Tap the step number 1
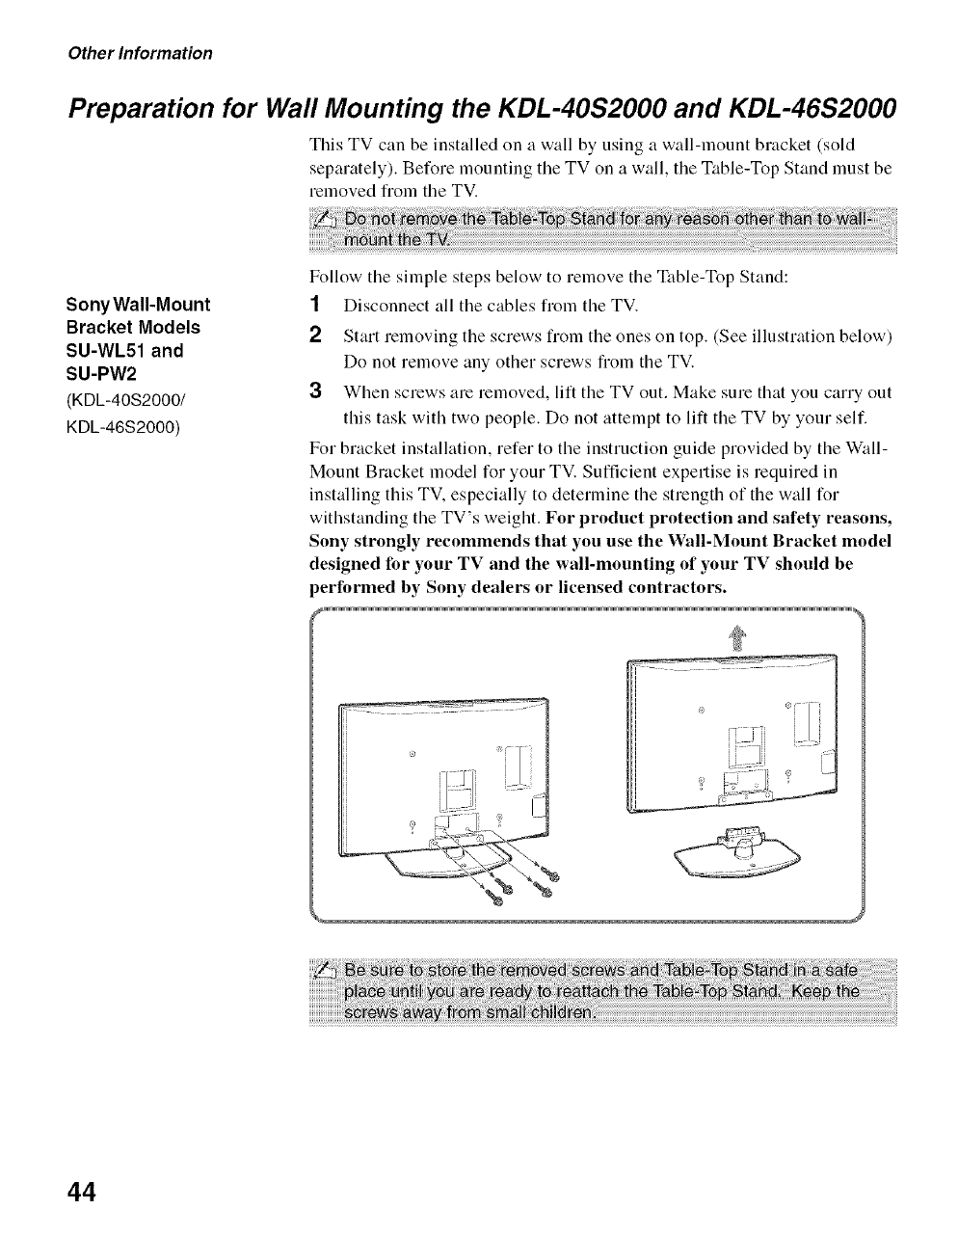[314, 307]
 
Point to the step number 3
[314, 393]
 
